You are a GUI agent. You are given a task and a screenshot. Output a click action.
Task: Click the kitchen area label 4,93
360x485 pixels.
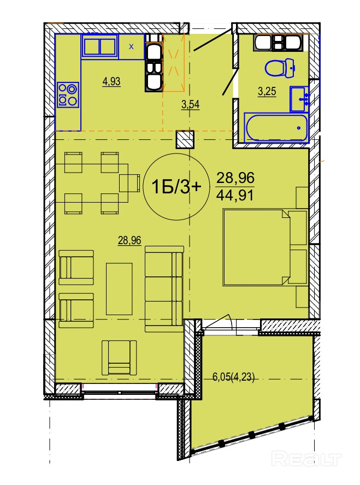pos(111,82)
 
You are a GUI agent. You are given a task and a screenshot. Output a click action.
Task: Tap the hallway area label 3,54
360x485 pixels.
pos(191,104)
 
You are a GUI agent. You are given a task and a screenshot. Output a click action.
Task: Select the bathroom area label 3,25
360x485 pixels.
pos(267,92)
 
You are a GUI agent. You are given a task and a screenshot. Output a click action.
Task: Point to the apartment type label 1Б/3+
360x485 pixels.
pos(176,187)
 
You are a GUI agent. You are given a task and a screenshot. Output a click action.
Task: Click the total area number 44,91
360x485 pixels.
pos(235,195)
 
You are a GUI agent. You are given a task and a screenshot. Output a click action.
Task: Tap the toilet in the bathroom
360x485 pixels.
pos(280,68)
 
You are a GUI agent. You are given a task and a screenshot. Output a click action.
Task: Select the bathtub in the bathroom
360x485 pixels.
pos(277,127)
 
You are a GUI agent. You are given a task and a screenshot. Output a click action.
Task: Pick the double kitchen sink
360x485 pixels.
pos(99,46)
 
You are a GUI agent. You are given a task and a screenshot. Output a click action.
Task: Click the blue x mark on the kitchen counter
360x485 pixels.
pos(132,47)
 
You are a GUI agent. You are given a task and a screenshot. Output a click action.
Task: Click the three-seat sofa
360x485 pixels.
pos(164,289)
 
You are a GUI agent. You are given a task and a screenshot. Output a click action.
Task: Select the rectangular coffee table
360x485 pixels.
pos(120,288)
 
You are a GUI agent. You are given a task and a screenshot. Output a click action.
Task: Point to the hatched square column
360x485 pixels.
pos(185,139)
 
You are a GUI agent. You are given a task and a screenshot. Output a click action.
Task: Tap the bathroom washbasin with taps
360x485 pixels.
pos(299,99)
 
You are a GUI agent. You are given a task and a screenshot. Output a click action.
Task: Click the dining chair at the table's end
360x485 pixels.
pos(129,183)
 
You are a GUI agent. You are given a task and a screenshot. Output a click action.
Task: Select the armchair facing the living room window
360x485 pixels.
pos(119,357)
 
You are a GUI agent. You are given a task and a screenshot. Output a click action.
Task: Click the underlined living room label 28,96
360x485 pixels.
pos(129,240)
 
